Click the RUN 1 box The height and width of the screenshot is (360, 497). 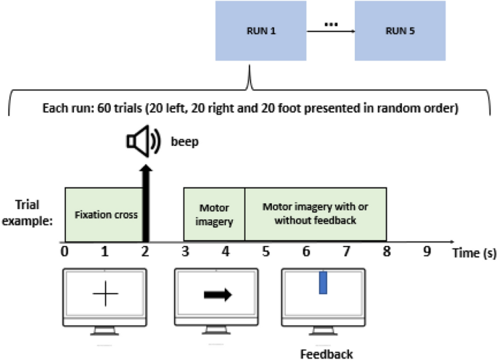pos(249,31)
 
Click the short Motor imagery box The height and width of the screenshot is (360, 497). pos(214,214)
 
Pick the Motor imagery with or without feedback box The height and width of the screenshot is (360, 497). pos(315,214)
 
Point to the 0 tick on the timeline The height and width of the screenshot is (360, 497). pos(65,252)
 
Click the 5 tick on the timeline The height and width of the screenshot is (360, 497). pos(266,252)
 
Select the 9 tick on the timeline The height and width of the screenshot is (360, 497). pos(427,252)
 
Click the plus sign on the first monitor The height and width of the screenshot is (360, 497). pos(106,295)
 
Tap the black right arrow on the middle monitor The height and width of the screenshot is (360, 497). pos(217,295)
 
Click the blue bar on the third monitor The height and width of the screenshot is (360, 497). pos(324,282)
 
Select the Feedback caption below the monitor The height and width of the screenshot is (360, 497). pos(326,353)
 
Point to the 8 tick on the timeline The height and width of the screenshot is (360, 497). pos(386,252)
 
